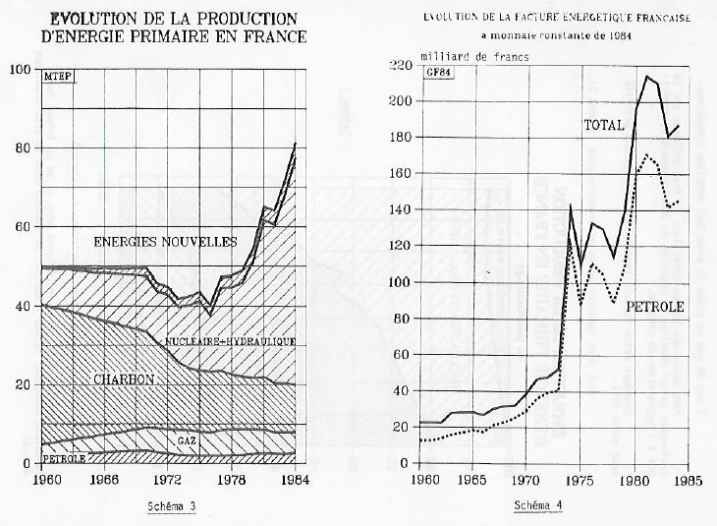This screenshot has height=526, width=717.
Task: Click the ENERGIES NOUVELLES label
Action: [165, 241]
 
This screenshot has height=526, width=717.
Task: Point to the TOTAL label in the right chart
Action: [604, 127]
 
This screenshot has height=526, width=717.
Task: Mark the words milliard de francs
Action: [474, 57]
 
